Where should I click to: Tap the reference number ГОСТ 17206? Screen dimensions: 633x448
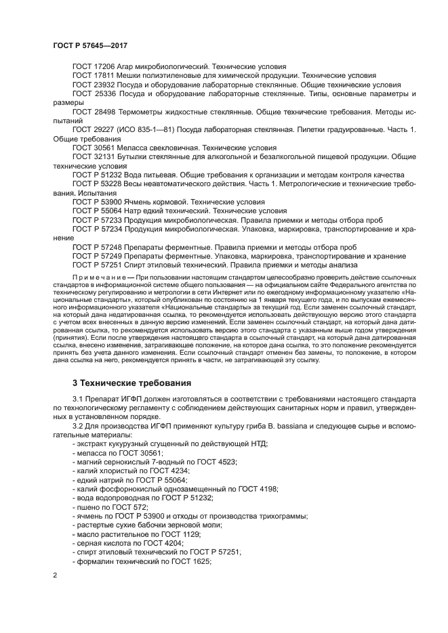click(94, 67)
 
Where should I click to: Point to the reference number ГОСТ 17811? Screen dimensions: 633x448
click(94, 76)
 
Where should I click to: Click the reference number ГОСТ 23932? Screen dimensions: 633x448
click(94, 85)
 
